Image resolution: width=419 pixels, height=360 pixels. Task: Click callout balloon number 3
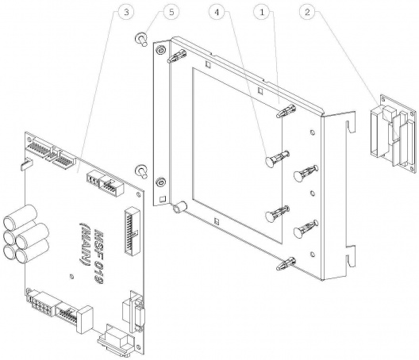(x=126, y=12)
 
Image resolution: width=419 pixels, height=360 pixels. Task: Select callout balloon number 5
(x=171, y=12)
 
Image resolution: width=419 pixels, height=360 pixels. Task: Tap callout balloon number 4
(x=217, y=12)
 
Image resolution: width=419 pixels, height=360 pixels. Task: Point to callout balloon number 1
(x=262, y=12)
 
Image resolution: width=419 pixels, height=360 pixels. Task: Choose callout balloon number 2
(x=307, y=12)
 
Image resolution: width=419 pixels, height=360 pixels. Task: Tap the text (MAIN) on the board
(x=86, y=245)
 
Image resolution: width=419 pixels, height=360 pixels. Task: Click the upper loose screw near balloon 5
(x=140, y=39)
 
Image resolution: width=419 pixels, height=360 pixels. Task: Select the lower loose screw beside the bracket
(x=140, y=171)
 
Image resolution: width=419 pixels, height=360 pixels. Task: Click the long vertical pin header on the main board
(x=132, y=232)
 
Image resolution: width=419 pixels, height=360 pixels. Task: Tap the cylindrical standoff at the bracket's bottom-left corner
(x=179, y=208)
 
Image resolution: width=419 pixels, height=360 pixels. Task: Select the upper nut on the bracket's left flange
(x=160, y=50)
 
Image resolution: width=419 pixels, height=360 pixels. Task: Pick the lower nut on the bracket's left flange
(x=160, y=182)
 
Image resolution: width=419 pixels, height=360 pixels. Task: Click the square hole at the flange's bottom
(x=162, y=199)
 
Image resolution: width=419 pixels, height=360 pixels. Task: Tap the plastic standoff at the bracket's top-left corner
(x=177, y=56)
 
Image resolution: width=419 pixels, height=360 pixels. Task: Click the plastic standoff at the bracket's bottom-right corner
(x=286, y=263)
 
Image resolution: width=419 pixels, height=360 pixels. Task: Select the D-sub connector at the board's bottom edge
(x=115, y=341)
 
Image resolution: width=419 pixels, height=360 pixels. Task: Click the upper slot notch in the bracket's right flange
(x=350, y=126)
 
